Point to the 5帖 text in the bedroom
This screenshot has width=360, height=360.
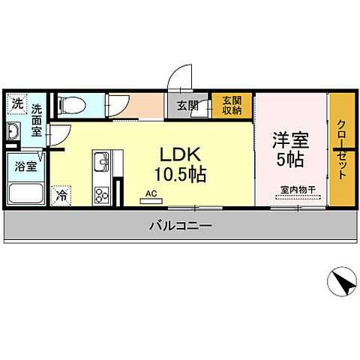pos(289,159)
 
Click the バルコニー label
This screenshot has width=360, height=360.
pos(180,225)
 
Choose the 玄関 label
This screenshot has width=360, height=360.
pos(187,106)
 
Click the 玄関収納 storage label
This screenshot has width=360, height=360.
pos(231,106)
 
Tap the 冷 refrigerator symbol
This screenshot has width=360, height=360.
pos(61,194)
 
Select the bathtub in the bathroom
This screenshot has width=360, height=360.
pos(26,192)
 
